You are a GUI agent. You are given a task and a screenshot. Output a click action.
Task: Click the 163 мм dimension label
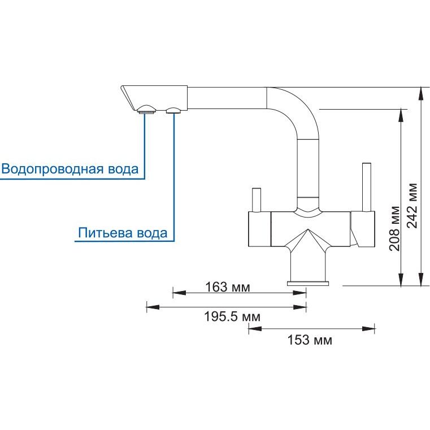click(x=228, y=287)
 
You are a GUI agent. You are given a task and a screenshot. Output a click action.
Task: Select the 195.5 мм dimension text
click(x=232, y=317)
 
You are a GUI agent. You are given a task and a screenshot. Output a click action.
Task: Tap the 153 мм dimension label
click(x=310, y=340)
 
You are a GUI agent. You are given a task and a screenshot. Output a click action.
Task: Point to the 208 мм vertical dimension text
click(x=394, y=228)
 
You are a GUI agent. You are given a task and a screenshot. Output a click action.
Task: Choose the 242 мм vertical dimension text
click(x=411, y=206)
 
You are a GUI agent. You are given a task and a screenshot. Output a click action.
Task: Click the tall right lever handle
click(x=367, y=188)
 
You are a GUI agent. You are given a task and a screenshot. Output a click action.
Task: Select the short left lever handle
click(x=257, y=200)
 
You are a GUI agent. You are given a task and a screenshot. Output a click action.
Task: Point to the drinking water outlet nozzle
click(x=173, y=110)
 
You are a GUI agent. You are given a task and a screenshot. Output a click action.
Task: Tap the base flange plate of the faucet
click(x=308, y=284)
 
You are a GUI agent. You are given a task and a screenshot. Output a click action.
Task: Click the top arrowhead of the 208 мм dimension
click(x=401, y=115)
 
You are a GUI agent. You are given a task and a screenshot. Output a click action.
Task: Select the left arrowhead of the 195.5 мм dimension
click(x=153, y=307)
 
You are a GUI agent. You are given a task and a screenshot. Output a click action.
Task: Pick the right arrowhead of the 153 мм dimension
click(x=368, y=328)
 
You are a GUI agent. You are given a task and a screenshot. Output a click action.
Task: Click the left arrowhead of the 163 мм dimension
click(x=179, y=293)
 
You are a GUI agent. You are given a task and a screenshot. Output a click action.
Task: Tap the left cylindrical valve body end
click(x=259, y=229)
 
